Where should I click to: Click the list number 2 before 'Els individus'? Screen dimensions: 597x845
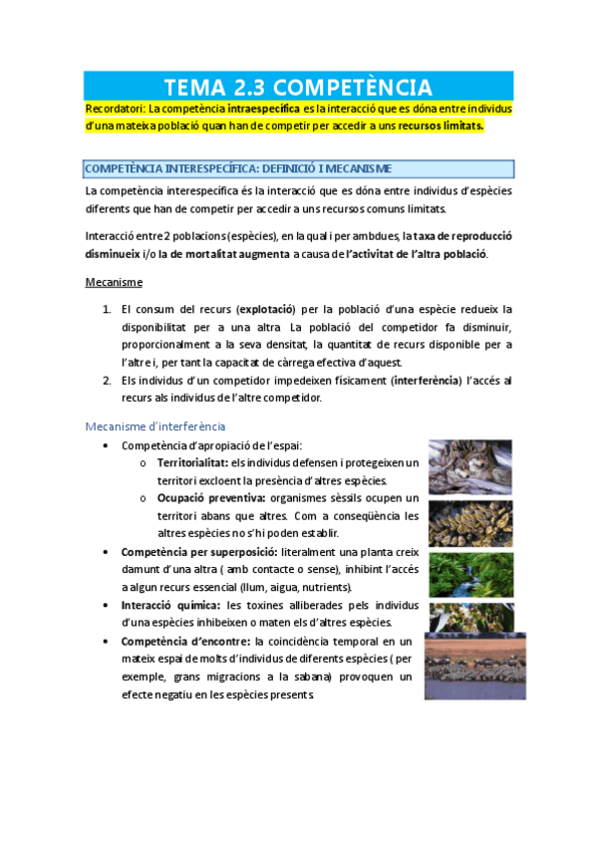(x=107, y=381)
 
